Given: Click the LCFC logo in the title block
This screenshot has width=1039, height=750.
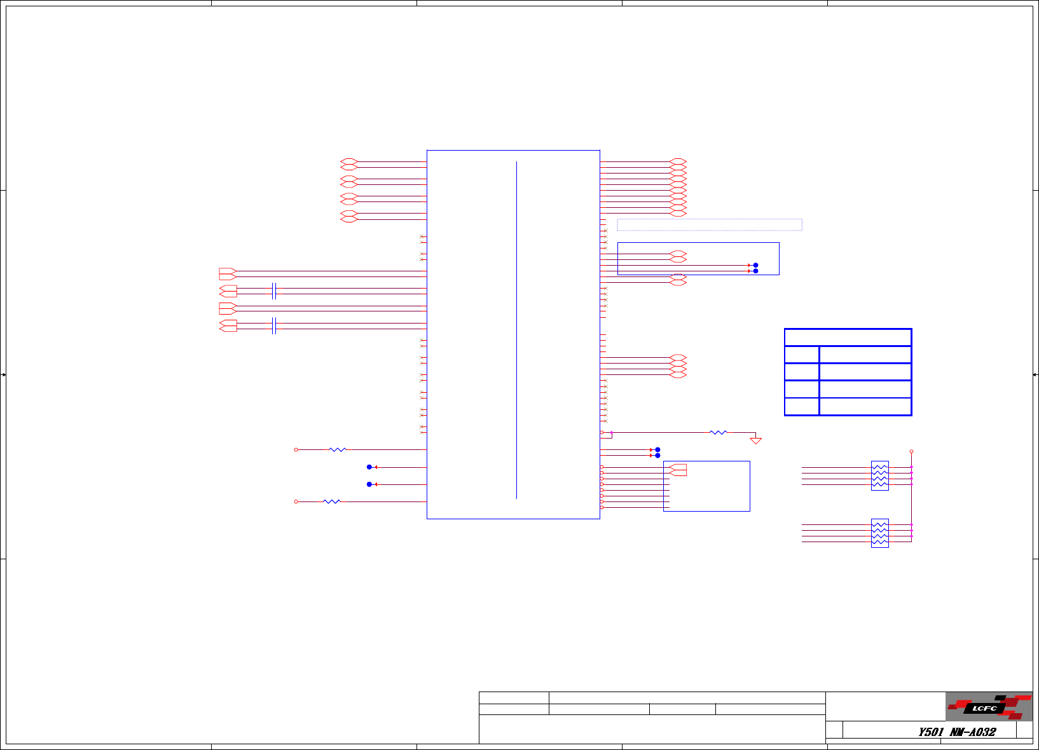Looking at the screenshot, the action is point(989,707).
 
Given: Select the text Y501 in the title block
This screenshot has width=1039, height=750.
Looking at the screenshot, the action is point(930,732).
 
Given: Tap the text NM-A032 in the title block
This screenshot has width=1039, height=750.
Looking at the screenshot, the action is point(973,732).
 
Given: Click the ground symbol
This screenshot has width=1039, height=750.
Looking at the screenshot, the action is point(755,440).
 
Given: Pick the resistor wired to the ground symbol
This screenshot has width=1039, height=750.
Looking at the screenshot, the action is point(718,432).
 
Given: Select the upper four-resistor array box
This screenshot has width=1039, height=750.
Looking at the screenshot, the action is point(879,475).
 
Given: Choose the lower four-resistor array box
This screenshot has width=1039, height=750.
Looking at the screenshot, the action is point(879,533).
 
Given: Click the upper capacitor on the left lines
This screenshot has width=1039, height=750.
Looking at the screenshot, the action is point(273,291).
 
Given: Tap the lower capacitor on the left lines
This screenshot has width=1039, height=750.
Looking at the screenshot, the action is point(273,325).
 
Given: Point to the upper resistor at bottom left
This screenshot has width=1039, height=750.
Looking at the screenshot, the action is point(338,449).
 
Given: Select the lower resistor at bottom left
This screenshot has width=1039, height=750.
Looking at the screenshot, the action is point(332,501).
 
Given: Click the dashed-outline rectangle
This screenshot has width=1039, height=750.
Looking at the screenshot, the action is point(709,224).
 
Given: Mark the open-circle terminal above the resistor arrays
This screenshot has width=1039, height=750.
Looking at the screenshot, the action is point(911,451).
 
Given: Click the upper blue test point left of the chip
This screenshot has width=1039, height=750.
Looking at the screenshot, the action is point(369,467).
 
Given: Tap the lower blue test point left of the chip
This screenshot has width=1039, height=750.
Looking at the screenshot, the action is point(369,484).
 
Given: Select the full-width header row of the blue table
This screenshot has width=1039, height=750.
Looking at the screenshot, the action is point(848,337).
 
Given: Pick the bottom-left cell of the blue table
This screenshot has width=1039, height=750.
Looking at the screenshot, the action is point(802,407).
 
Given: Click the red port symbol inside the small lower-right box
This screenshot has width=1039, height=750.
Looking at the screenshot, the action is point(678,470).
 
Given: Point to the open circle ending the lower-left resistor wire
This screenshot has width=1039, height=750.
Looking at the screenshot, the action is point(296,501).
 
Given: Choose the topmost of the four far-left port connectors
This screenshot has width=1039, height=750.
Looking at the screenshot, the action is point(228,274).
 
